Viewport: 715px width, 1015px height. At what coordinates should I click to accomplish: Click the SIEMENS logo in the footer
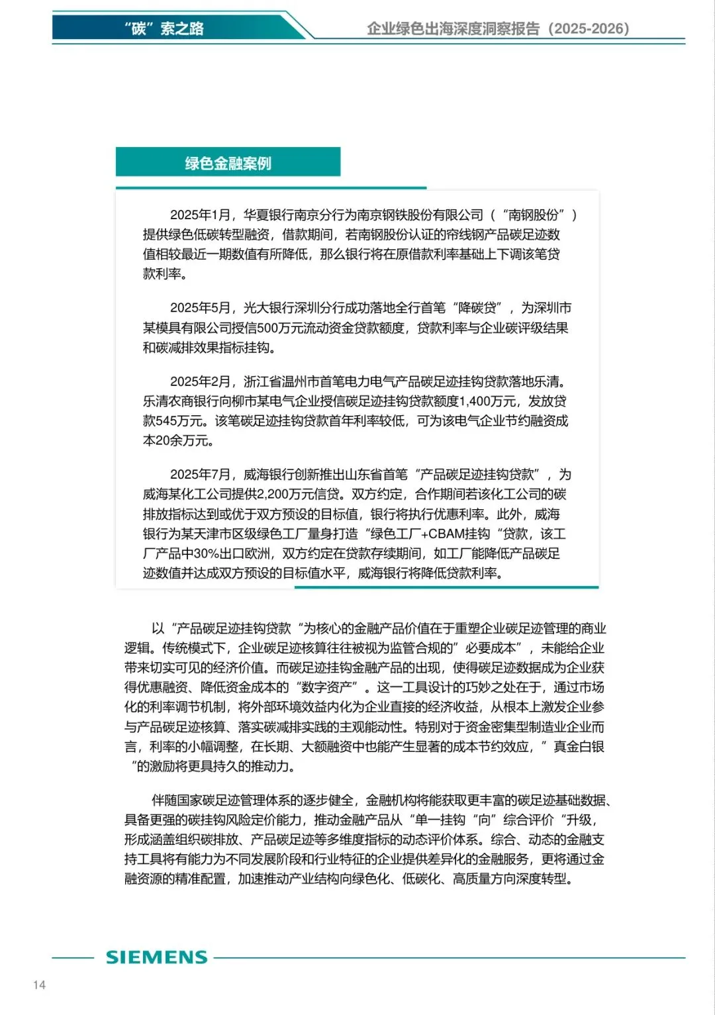157,957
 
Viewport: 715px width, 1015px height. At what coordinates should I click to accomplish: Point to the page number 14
39,985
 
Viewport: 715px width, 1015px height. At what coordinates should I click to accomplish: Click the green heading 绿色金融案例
228,164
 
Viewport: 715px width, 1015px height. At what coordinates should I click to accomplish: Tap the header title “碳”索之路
164,28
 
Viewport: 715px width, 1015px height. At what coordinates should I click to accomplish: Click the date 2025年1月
200,215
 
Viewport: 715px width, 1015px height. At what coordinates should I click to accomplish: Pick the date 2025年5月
200,308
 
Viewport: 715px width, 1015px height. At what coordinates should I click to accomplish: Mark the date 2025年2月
200,381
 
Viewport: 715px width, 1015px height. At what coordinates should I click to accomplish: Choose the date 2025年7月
200,475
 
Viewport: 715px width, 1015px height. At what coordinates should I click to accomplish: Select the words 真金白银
579,747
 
